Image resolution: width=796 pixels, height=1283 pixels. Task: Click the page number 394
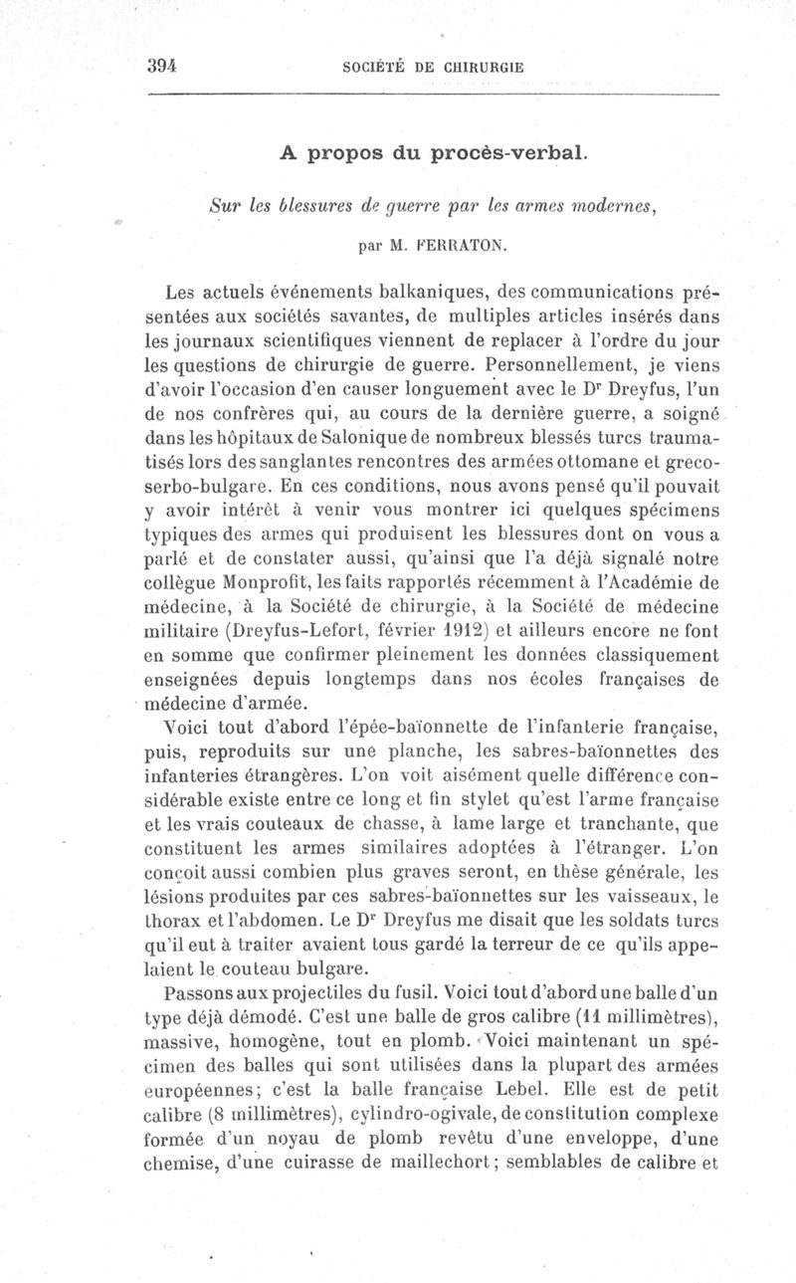click(x=160, y=66)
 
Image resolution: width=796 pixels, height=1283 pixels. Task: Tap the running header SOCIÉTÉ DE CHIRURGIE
click(x=433, y=68)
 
